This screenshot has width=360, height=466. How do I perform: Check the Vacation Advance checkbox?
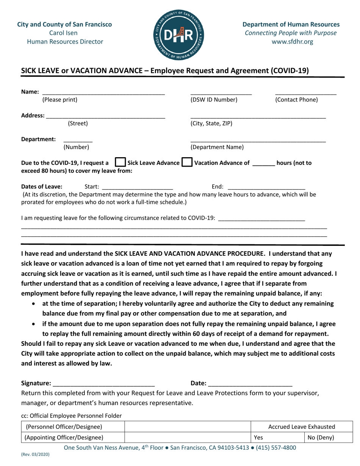(x=188, y=164)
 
